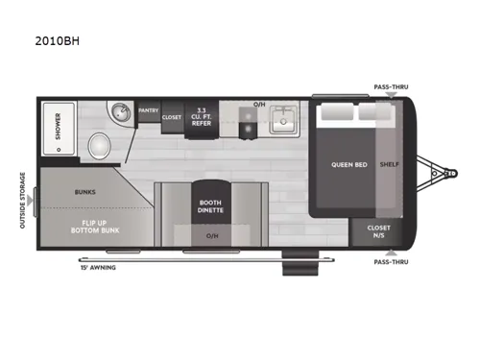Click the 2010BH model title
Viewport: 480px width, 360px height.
(58, 41)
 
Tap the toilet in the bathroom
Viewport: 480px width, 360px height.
(100, 146)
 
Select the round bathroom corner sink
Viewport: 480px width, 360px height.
(121, 112)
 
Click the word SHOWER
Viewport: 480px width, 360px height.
(58, 126)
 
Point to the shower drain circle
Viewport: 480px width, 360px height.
(59, 150)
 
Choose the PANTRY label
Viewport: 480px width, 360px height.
(149, 110)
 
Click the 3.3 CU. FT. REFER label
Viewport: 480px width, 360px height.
(202, 117)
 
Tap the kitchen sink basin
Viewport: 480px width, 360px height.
(283, 120)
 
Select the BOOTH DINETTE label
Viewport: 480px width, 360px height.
(210, 206)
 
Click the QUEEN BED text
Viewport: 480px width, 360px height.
(349, 165)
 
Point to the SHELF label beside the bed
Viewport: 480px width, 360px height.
(390, 164)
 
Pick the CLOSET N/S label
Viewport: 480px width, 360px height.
(378, 231)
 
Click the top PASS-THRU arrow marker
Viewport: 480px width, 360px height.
(391, 95)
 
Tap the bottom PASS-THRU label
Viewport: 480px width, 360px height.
(391, 262)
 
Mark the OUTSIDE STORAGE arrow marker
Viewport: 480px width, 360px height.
(30, 201)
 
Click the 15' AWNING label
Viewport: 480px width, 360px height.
(98, 268)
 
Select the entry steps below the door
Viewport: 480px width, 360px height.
(300, 263)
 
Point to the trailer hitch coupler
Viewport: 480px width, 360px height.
(451, 174)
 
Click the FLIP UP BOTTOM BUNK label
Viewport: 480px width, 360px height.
(95, 227)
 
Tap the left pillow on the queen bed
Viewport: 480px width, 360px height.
(337, 111)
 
